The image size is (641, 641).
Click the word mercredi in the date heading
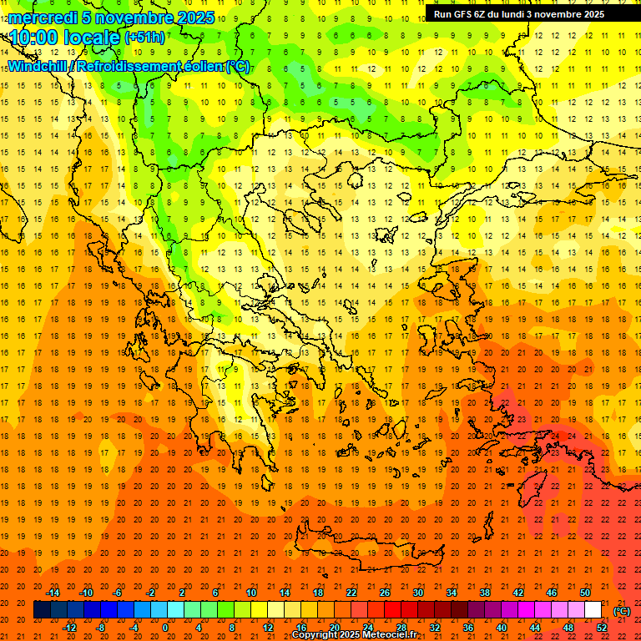[x=43, y=18]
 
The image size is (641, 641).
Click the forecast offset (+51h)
[x=144, y=38]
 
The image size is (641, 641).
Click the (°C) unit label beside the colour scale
[x=622, y=611]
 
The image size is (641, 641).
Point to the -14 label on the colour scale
[x=53, y=593]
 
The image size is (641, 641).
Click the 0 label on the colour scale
[x=165, y=628]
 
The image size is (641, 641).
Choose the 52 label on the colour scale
[x=602, y=628]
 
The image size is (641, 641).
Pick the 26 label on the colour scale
[x=385, y=593]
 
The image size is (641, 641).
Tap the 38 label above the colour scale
[x=484, y=593]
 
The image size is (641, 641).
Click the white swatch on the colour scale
[x=593, y=610]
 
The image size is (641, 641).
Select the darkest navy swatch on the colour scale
[x=42, y=610]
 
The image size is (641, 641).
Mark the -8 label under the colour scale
[x=101, y=628]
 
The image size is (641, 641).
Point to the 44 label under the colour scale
[x=535, y=628]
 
